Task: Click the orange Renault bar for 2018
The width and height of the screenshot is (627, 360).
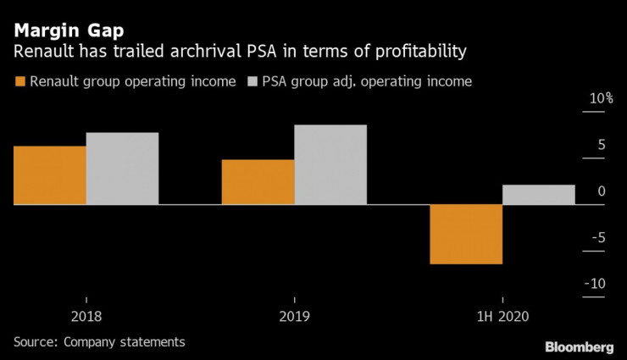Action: coord(49,175)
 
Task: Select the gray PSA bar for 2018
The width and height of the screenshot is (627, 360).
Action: coord(122,169)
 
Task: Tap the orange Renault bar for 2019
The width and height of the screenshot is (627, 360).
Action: coord(258,182)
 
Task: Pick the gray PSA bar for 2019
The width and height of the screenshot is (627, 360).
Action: coord(330,164)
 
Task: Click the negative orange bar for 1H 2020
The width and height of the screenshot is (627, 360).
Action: coord(466,235)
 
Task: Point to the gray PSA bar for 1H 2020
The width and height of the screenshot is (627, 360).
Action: coord(539,195)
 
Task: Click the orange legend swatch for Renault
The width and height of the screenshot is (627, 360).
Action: coord(19,82)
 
